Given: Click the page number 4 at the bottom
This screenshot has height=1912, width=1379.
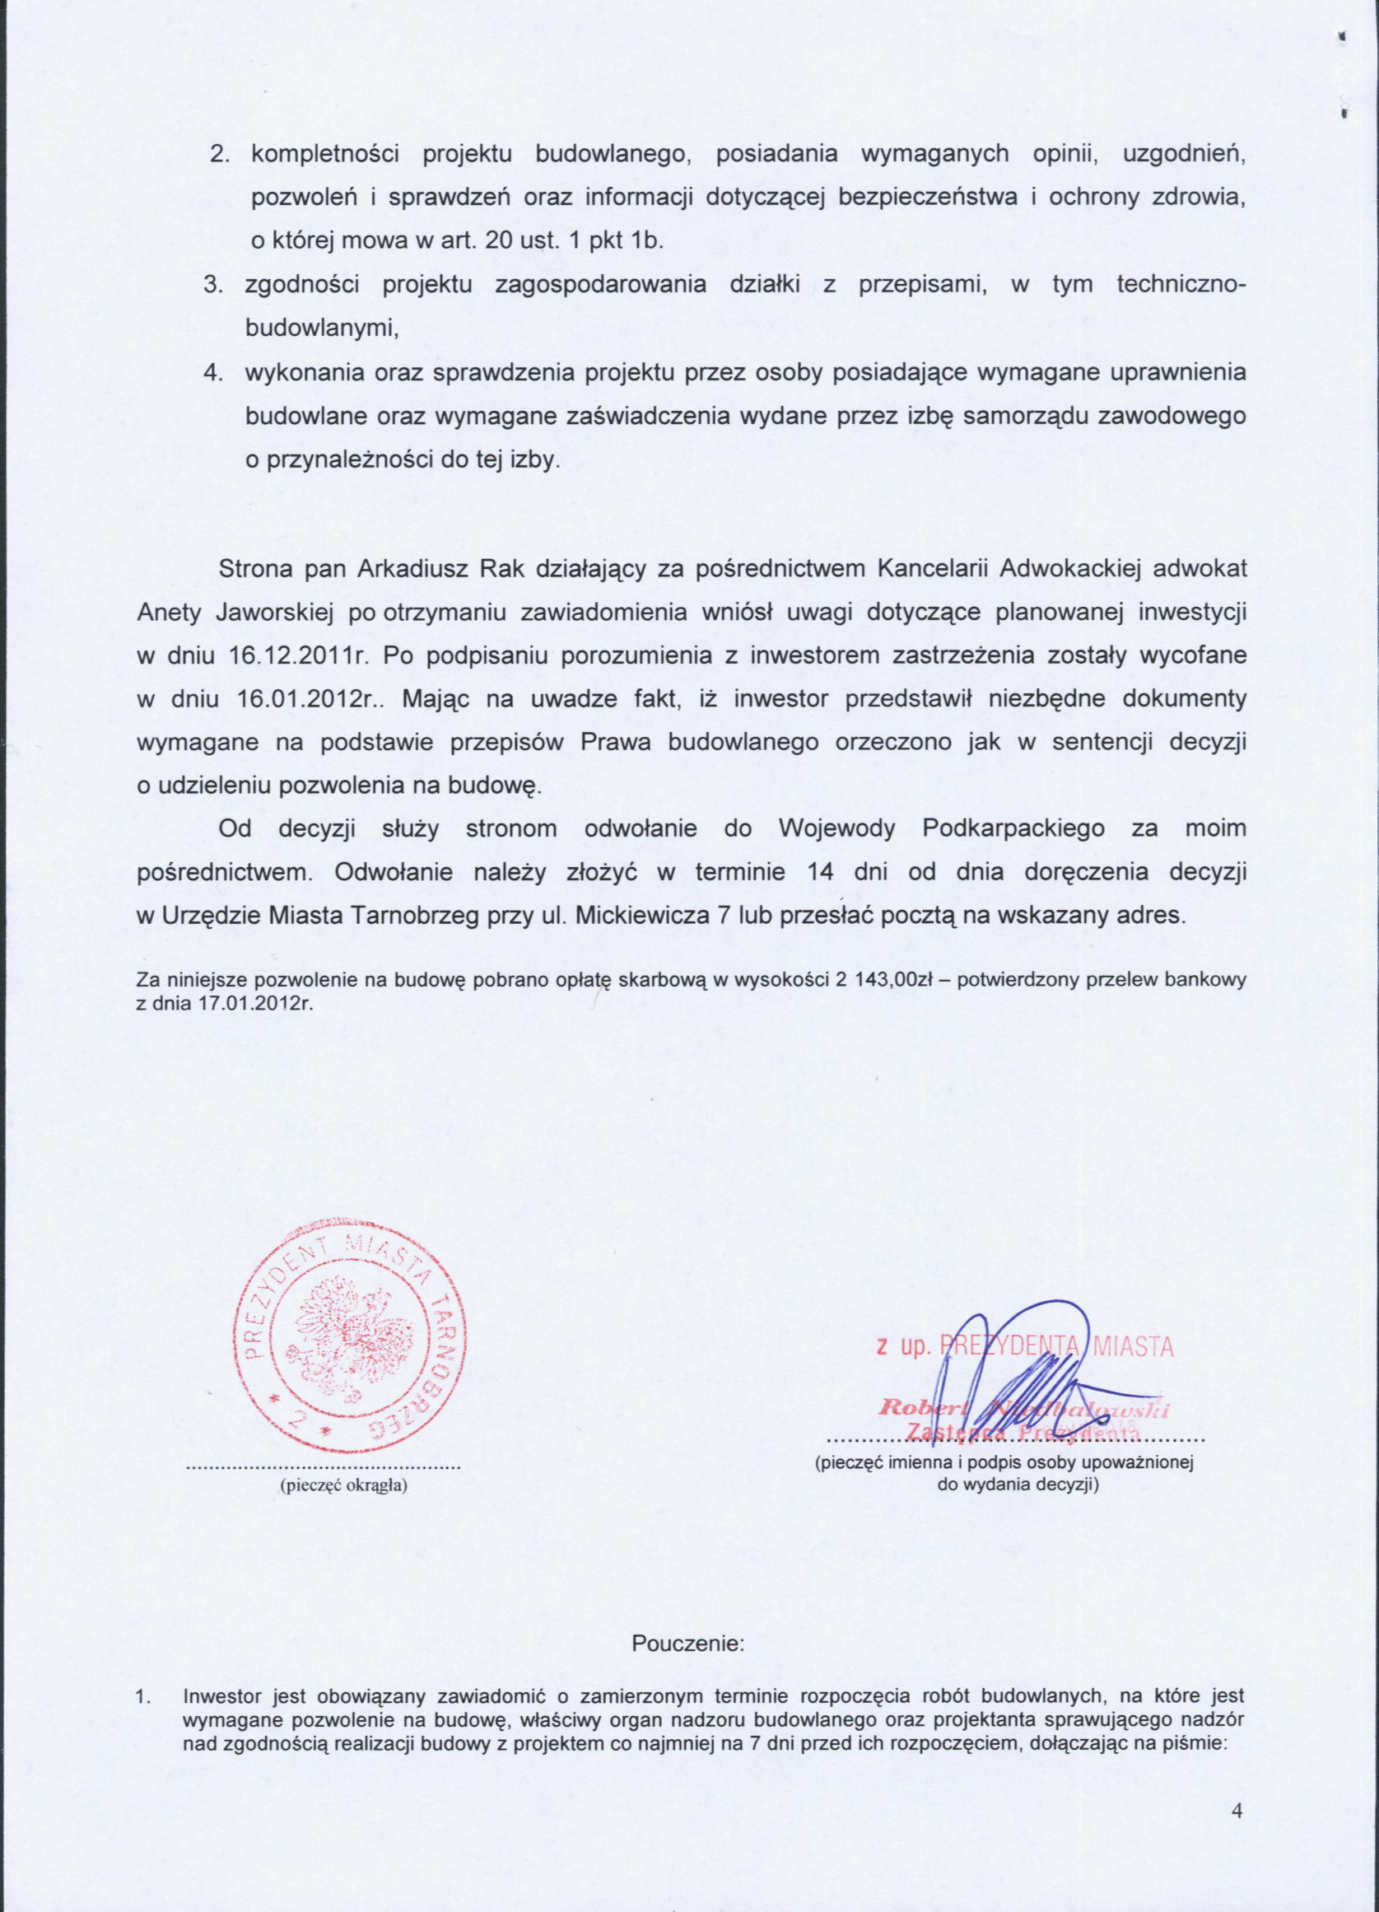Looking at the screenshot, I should click(1237, 1810).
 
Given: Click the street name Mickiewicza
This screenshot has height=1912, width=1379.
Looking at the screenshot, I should click(641, 916).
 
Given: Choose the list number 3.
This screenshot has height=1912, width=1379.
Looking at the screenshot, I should click(213, 284).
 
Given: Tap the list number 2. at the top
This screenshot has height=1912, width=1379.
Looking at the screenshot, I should click(220, 154).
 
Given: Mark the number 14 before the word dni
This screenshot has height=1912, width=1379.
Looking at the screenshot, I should click(820, 872).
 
